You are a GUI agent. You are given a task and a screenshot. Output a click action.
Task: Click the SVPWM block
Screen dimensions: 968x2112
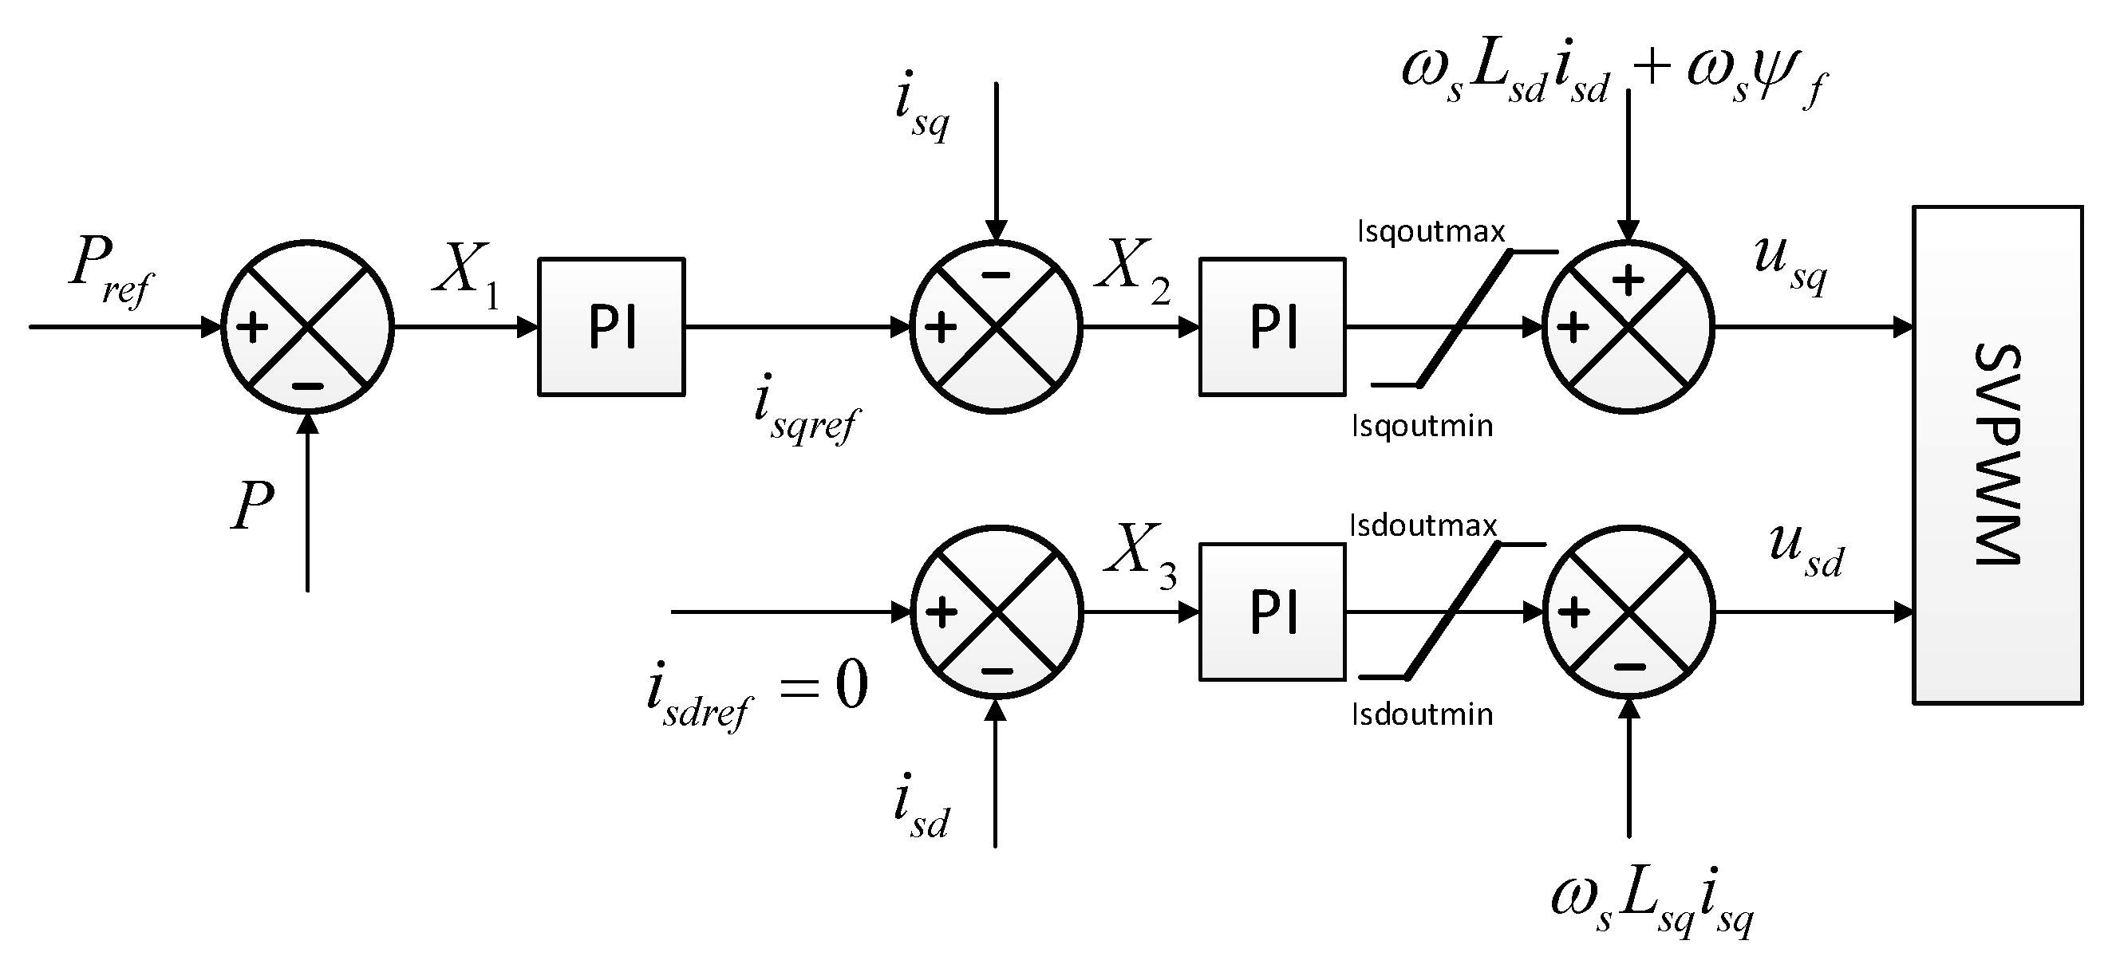(x=1997, y=455)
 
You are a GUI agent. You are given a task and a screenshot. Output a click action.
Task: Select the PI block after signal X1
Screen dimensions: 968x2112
(x=611, y=327)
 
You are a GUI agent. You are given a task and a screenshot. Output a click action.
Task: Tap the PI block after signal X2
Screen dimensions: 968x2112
(x=1272, y=327)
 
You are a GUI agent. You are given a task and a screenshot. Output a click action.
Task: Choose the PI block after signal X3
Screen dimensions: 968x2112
(x=1272, y=612)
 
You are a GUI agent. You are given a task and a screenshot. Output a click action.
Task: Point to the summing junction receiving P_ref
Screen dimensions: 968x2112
(x=307, y=327)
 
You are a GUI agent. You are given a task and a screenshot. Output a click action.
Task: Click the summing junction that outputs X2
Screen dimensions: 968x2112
(x=995, y=327)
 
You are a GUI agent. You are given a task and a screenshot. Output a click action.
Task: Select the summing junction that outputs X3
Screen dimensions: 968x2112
(x=996, y=612)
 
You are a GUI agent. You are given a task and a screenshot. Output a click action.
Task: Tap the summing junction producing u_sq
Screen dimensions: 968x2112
(x=1628, y=327)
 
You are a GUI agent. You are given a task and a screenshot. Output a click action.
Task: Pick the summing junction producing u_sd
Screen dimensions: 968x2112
(x=1628, y=612)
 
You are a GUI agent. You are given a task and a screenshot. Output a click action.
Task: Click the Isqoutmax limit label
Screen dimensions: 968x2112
(x=1431, y=233)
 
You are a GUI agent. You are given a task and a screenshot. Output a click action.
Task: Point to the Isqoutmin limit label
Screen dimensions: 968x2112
(x=1422, y=427)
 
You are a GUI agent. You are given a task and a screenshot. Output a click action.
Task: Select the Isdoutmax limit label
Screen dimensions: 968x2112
(x=1423, y=525)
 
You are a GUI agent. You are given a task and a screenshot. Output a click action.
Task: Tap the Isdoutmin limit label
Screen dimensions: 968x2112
(x=1422, y=714)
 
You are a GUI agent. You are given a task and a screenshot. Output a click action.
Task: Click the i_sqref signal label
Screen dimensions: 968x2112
(x=804, y=414)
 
